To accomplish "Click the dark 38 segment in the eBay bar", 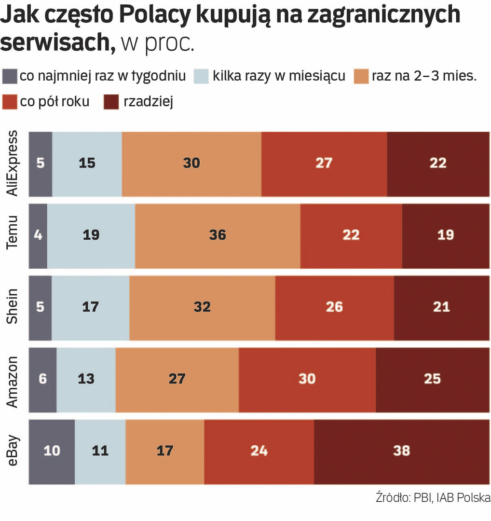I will coord(401,451).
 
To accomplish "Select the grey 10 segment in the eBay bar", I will coord(52,451).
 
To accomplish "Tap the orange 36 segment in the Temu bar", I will coord(218,235).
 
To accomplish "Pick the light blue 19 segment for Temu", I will coord(91,235).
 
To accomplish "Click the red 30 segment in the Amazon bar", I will coord(307,379).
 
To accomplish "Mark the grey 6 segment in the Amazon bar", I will coord(42,379).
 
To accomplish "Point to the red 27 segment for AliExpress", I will coord(324,163).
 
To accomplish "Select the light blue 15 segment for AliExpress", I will coord(87,163).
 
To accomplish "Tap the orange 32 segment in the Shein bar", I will coord(202,306).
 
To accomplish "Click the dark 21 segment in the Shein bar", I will coord(441,306).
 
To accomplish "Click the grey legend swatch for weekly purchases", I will coord(10,76).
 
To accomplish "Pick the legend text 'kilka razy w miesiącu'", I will coord(279,76).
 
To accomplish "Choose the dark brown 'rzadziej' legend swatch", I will coord(112,102).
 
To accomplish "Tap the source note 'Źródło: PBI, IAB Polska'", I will coord(433,498).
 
